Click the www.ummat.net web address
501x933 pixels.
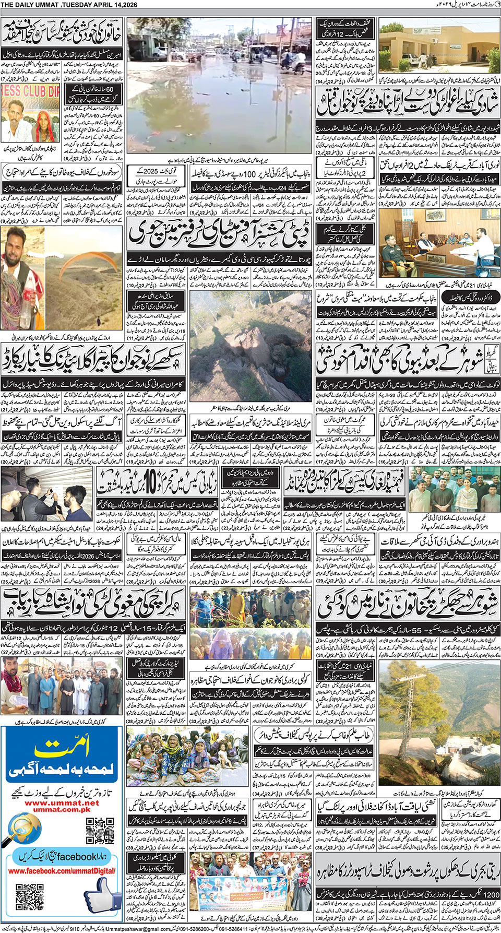point(62,802)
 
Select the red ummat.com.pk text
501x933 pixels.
point(62,809)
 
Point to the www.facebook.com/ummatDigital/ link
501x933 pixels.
point(62,871)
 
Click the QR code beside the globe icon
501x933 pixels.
point(100,831)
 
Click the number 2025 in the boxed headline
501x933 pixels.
point(150,171)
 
